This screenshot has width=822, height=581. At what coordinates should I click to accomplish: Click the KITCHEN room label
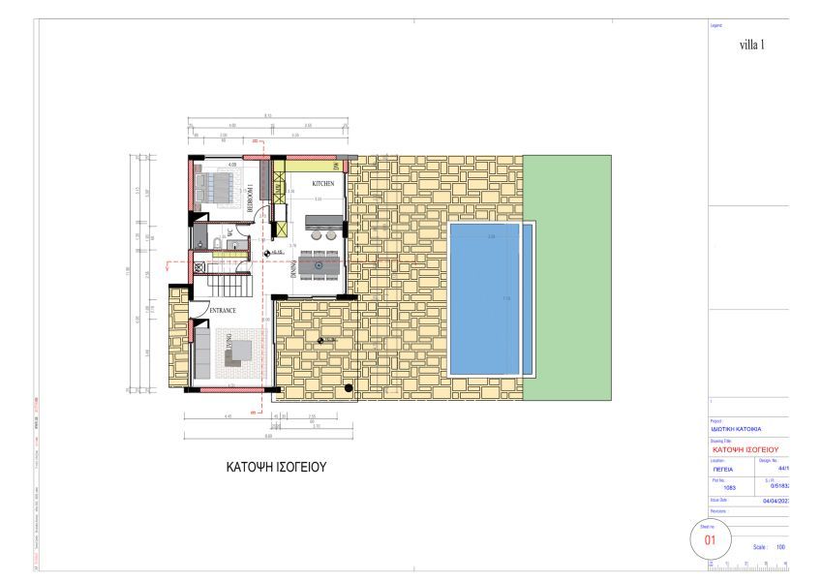(x=322, y=183)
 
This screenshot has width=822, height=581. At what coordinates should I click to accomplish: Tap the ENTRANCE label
(x=224, y=311)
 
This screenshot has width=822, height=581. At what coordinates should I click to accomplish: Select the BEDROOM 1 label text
(x=250, y=198)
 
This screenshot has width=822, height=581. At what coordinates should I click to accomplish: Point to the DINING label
(x=292, y=268)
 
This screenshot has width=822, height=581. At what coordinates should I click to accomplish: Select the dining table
(x=318, y=262)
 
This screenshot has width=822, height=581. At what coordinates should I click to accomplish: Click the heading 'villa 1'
(x=752, y=45)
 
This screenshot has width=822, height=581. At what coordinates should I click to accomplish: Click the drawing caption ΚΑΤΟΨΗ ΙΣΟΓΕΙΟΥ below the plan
(x=276, y=467)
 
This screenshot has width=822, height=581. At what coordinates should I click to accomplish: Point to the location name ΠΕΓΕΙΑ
(x=723, y=469)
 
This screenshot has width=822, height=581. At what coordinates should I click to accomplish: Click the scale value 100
(x=779, y=547)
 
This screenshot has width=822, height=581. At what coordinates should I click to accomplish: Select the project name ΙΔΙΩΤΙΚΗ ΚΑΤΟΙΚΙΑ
(x=737, y=428)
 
